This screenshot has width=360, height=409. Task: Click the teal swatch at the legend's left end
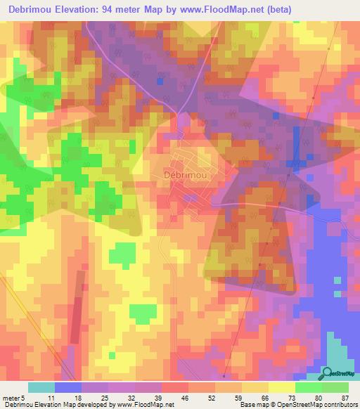click(x=41, y=387)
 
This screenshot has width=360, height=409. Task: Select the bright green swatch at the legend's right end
click(x=335, y=387)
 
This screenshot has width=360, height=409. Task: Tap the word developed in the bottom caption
click(x=94, y=405)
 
